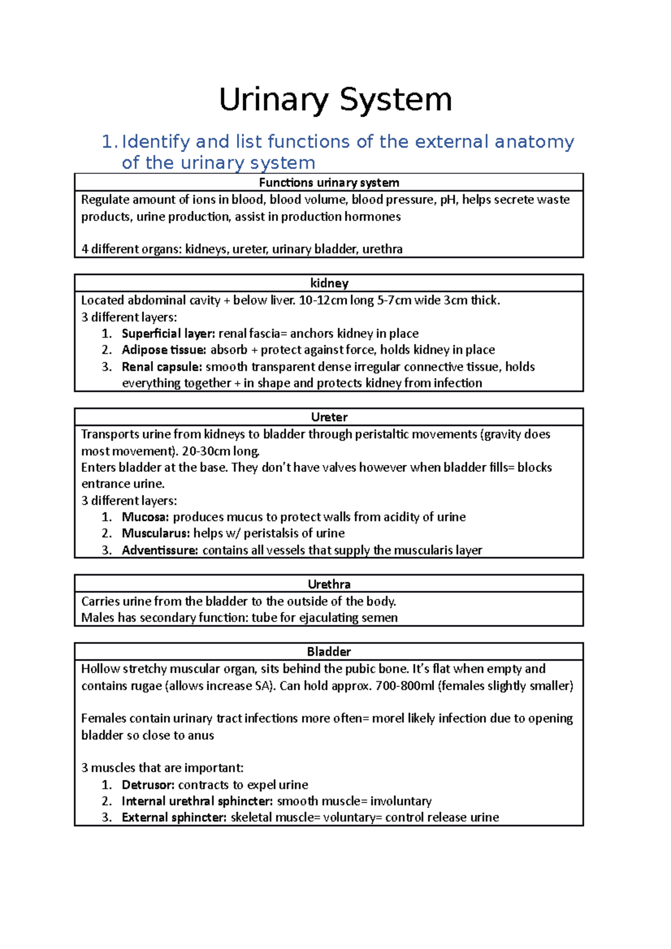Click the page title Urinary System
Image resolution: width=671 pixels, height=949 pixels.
coord(335,100)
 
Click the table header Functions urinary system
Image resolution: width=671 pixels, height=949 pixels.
coord(329,183)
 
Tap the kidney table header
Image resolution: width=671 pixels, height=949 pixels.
coord(329,283)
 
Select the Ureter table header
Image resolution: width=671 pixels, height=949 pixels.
coord(329,417)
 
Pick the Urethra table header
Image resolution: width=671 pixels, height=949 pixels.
coord(329,585)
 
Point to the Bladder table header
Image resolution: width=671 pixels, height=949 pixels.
coord(329,652)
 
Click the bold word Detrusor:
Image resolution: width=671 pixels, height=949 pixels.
coord(148,785)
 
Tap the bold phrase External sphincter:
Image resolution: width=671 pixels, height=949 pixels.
coord(174,818)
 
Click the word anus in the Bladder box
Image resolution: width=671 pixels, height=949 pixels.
coord(201,736)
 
